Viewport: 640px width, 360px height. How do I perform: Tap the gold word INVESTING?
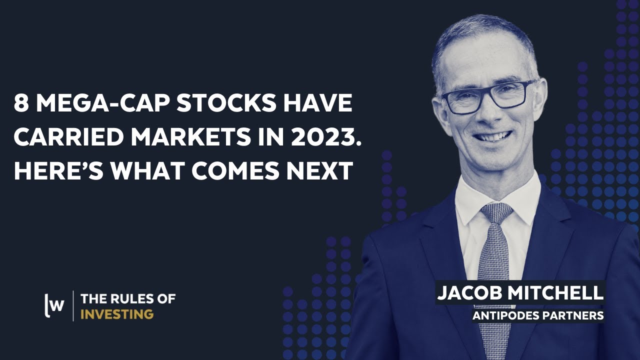tap(117, 314)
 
